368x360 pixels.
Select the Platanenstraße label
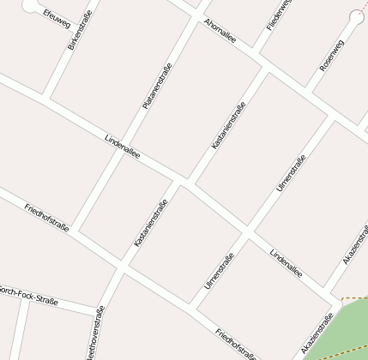(157, 87)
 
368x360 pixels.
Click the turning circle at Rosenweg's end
(357, 16)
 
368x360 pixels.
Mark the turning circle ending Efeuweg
(31, 5)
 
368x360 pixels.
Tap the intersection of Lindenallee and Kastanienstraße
(184, 181)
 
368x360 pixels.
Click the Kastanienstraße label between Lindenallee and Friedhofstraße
(151, 223)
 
